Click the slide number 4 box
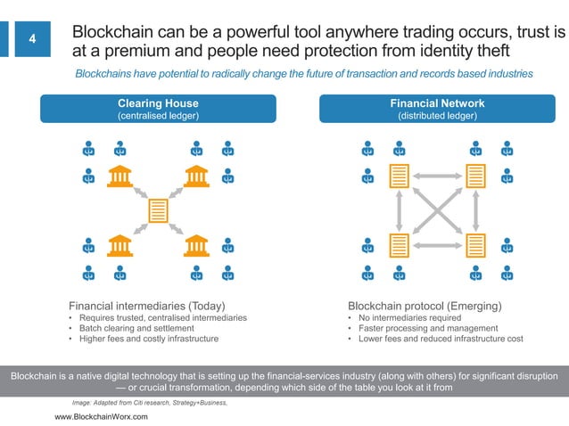32,39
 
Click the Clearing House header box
158,109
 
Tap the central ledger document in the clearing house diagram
159,210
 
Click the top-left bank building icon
119,176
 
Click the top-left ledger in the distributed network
398,176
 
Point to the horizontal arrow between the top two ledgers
437,176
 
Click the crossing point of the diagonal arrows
437,210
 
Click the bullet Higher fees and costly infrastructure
148,339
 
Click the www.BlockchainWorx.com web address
102,417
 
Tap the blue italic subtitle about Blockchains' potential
304,73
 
